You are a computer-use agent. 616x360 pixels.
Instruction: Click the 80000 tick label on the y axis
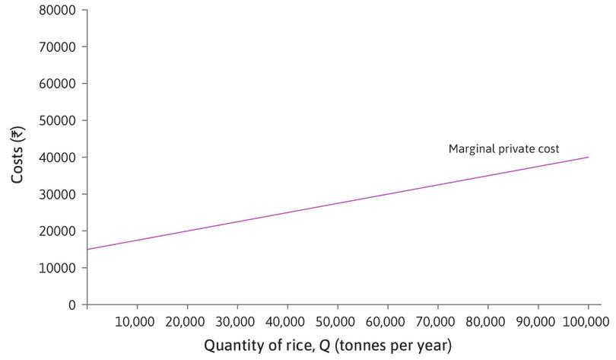57,11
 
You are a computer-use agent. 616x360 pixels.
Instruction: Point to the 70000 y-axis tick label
57,47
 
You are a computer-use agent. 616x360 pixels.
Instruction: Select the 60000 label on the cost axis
57,84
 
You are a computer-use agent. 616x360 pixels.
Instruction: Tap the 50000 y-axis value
57,121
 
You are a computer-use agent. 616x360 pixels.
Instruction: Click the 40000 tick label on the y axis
57,158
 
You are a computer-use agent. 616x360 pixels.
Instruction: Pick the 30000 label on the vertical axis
57,194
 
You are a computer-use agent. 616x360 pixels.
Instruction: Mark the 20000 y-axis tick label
57,231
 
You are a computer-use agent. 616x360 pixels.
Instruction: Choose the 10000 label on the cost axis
57,268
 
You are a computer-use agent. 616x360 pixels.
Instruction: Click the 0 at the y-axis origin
72,304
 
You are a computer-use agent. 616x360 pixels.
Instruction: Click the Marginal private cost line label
503,149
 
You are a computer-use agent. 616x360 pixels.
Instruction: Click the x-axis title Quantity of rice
328,346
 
